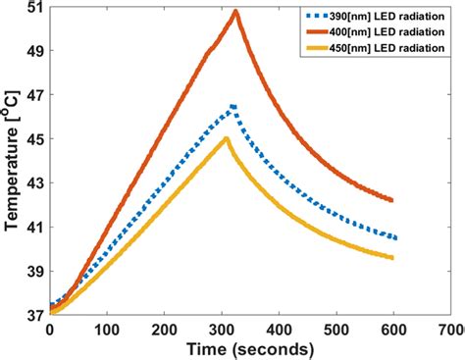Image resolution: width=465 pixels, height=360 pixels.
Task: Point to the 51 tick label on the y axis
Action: click(x=32, y=8)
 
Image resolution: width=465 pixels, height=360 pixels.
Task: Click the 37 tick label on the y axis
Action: click(x=32, y=315)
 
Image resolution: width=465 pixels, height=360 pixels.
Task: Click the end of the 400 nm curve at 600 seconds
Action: click(x=392, y=200)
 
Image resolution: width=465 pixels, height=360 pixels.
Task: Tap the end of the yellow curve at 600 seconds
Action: click(x=392, y=258)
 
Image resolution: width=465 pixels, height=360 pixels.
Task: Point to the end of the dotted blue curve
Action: click(x=394, y=237)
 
